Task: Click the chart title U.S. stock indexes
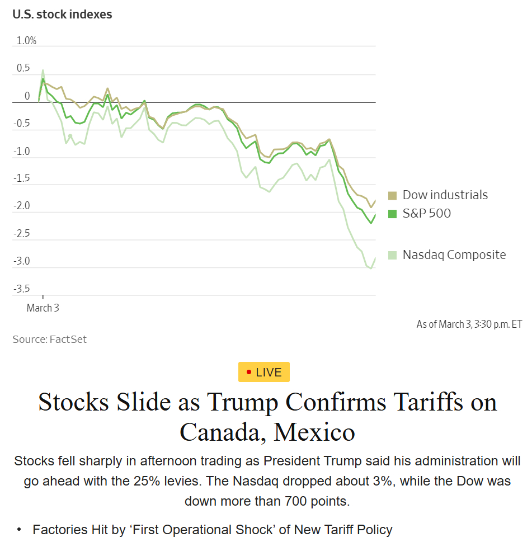pyautogui.click(x=62, y=15)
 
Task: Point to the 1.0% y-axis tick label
pyautogui.click(x=26, y=40)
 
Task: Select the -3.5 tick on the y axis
pyautogui.click(x=22, y=289)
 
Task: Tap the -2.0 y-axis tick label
pyautogui.click(x=22, y=206)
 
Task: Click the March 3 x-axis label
pyautogui.click(x=43, y=308)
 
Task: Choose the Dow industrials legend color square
pyautogui.click(x=392, y=195)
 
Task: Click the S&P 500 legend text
pyautogui.click(x=427, y=213)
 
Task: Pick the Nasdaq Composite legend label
pyautogui.click(x=454, y=255)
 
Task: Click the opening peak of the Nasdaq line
pyautogui.click(x=43, y=70)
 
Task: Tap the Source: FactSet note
pyautogui.click(x=50, y=339)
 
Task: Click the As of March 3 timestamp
pyautogui.click(x=469, y=324)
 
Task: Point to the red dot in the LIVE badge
pyautogui.click(x=249, y=372)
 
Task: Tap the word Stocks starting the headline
pyautogui.click(x=73, y=402)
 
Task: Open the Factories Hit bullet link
pyautogui.click(x=213, y=529)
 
